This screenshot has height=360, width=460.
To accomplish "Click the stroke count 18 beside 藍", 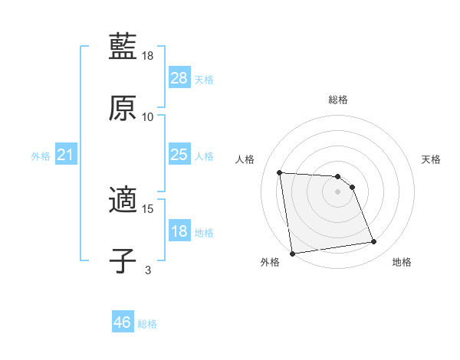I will [149, 57].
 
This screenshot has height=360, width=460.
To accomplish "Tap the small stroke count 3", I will [148, 269].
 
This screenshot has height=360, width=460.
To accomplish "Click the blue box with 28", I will [179, 78].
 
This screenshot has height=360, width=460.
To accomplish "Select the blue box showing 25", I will [179, 155].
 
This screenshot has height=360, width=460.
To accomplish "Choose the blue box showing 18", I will [179, 231].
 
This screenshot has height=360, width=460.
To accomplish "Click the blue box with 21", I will [66, 155].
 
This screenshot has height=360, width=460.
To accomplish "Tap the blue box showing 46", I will [123, 322].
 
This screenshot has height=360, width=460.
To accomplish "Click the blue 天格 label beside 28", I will [204, 80].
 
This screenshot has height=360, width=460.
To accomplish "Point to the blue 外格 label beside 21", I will [41, 156].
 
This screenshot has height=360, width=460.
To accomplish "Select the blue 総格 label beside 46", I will [147, 324].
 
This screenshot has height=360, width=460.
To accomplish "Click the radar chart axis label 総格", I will [337, 100].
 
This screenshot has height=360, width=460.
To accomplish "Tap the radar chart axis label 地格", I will [402, 262].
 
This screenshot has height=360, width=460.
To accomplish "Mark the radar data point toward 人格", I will [280, 172].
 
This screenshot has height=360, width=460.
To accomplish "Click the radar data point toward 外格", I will [292, 253].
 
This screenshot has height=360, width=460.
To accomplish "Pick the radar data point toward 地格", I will [374, 242].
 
